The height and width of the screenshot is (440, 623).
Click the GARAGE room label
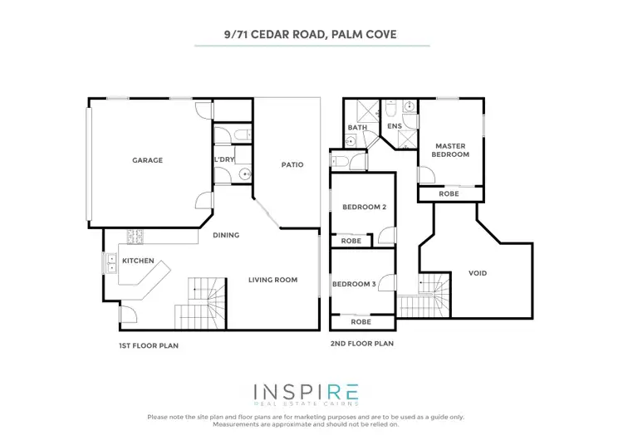(x=147, y=160)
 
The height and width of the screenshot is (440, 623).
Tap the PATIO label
(x=292, y=164)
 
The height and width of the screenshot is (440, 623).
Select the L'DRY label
(x=223, y=159)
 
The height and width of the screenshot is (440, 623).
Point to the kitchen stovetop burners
(x=135, y=237)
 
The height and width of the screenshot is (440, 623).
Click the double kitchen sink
(x=110, y=262)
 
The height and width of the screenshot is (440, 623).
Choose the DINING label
(x=225, y=235)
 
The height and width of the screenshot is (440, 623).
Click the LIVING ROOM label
(x=272, y=280)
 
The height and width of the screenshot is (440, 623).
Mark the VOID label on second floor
(x=478, y=273)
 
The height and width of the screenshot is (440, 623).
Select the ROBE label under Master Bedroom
(x=449, y=193)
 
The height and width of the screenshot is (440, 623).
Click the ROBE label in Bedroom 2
(x=351, y=241)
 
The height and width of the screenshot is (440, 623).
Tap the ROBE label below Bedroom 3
(x=361, y=321)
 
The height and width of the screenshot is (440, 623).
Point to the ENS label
(x=395, y=126)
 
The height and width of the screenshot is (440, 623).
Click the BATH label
(x=357, y=127)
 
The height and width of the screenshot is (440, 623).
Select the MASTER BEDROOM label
(x=452, y=150)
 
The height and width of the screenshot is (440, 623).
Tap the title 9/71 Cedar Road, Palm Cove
(x=311, y=36)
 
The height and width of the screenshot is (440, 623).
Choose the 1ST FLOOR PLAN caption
(x=149, y=344)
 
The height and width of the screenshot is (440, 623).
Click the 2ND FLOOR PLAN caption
(x=361, y=343)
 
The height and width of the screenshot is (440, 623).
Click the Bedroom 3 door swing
(x=385, y=283)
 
